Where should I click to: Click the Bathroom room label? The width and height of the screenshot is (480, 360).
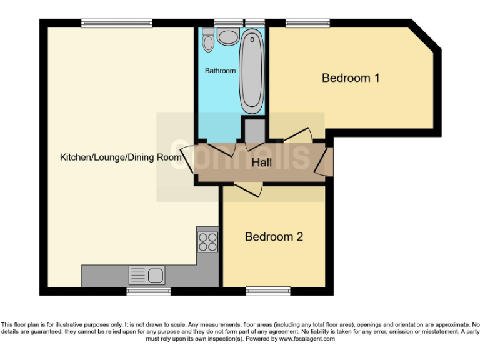[220, 71]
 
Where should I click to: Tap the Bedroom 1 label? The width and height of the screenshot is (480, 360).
[351, 78]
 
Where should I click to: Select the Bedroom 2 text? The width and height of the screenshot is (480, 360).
[274, 237]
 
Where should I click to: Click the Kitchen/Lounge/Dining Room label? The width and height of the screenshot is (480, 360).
[121, 157]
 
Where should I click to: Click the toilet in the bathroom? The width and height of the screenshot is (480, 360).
[208, 41]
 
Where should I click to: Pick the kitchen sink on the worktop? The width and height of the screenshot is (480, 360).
[146, 274]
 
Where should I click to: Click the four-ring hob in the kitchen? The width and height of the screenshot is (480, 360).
[207, 241]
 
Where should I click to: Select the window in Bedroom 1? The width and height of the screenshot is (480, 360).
[303, 23]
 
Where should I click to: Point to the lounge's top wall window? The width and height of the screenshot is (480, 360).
[116, 23]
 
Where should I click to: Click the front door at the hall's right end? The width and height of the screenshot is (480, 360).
[324, 161]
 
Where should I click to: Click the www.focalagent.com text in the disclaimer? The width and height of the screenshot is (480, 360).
[307, 339]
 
